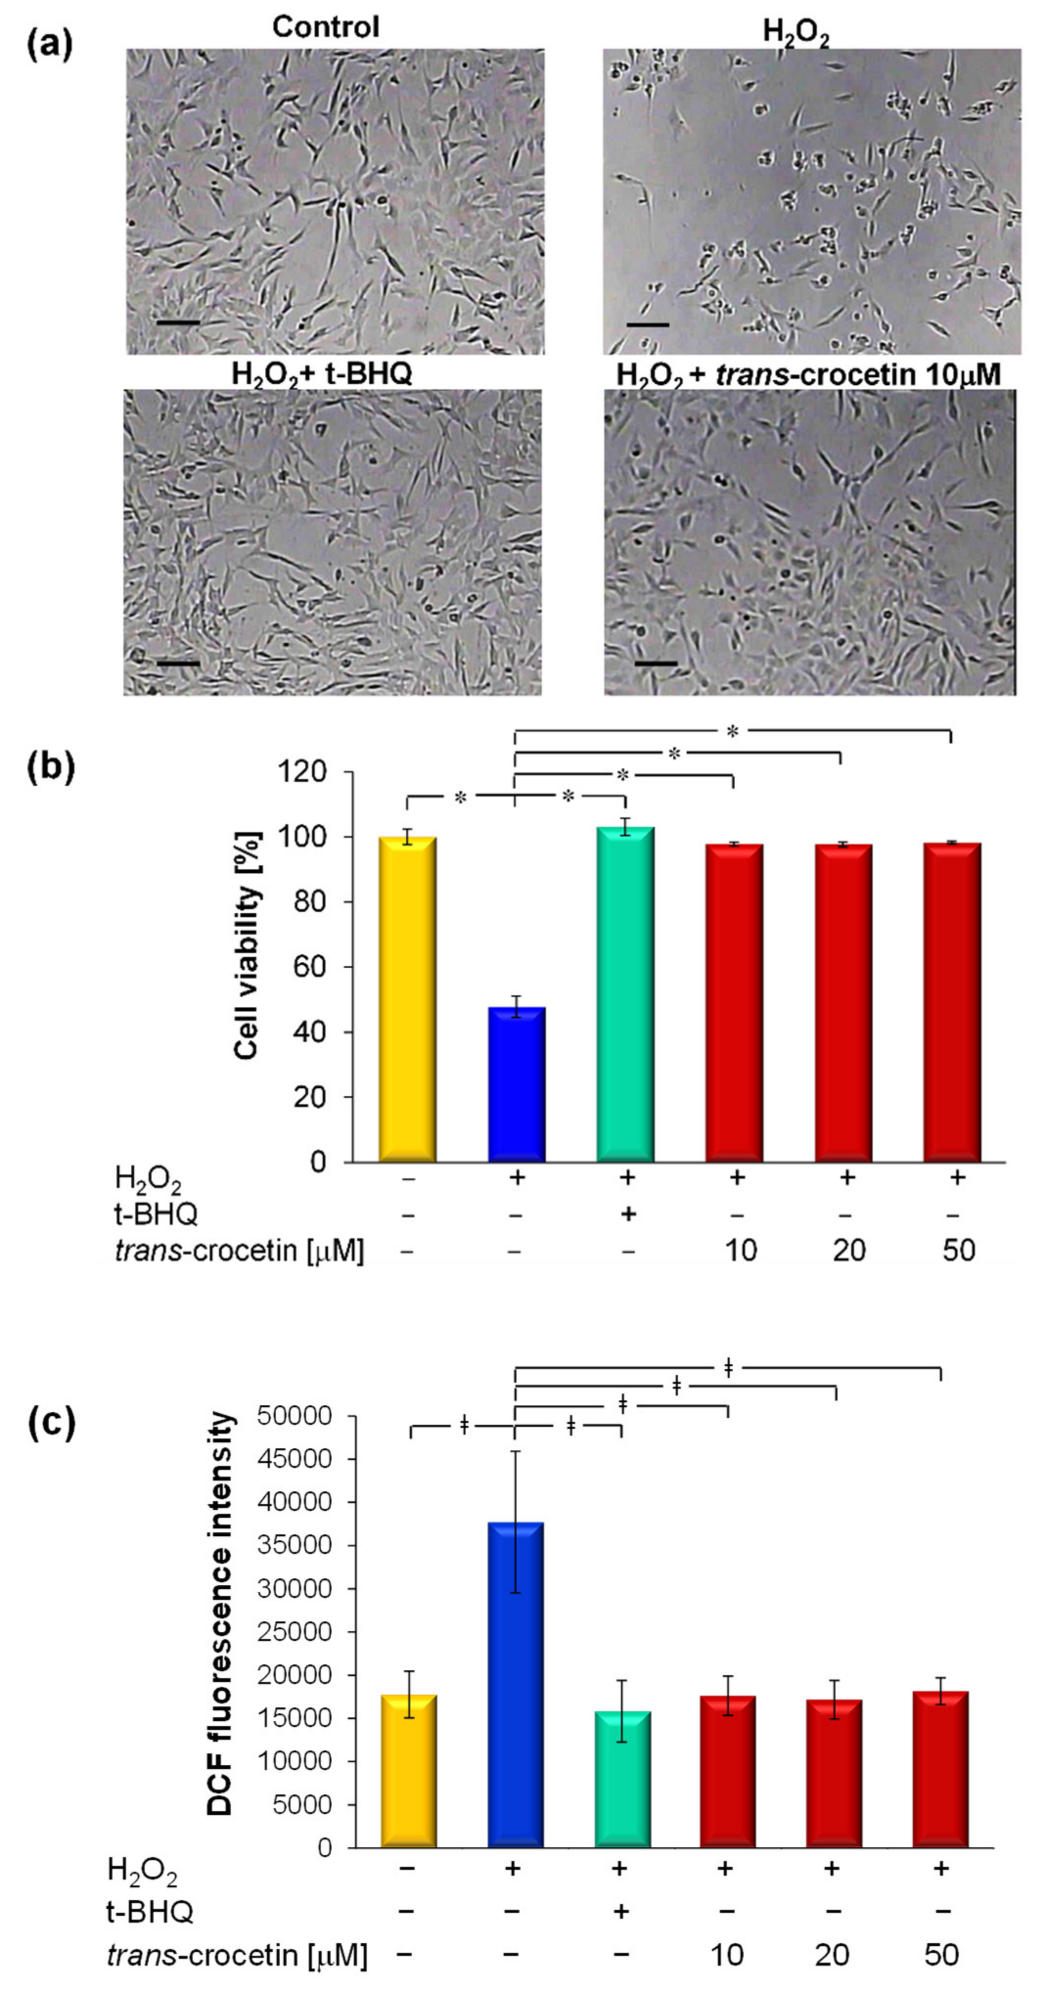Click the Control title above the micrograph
tap(326, 27)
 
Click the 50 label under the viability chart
tap(958, 1250)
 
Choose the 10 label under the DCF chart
tap(727, 1955)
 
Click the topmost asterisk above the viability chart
tap(732, 731)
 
